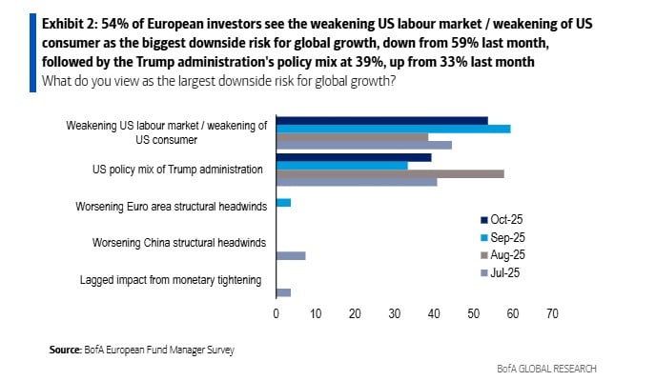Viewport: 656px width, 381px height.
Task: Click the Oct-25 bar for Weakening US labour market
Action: tap(381, 120)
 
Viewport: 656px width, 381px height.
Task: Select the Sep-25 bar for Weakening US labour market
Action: tap(393, 128)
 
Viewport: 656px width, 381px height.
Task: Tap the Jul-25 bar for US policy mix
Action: tap(356, 181)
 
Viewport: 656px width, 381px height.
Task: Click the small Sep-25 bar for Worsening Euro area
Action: tap(282, 202)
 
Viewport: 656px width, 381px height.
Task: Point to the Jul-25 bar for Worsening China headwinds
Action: tap(290, 255)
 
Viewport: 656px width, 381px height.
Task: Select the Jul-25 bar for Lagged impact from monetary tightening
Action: tap(282, 292)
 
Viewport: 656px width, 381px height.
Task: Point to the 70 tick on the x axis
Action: tap(552, 312)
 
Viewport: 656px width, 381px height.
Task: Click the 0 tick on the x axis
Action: tap(276, 312)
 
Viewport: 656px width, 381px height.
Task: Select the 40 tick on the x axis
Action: tap(434, 312)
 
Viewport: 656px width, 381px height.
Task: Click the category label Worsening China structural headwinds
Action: tap(177, 242)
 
